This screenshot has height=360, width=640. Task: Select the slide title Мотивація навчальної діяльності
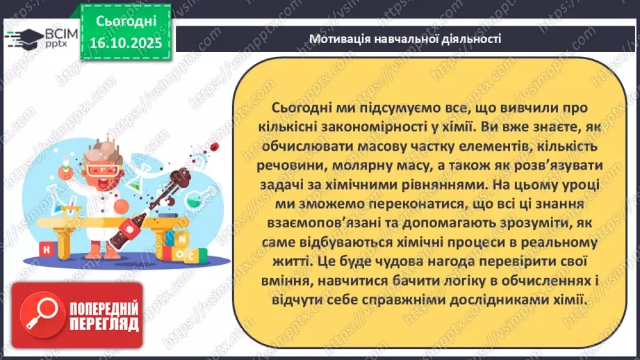406,39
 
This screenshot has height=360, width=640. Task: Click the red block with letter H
45,249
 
